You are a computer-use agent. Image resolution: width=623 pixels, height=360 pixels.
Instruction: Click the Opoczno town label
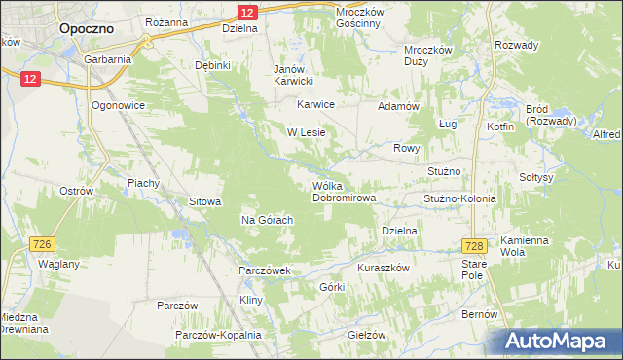87,29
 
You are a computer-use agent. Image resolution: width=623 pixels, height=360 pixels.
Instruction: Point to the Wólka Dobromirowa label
344,191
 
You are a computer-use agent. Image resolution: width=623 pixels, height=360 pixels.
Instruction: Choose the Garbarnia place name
108,59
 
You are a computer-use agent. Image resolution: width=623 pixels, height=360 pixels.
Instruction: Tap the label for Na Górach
268,220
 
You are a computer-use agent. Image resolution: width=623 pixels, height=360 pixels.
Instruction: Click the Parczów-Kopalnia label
218,335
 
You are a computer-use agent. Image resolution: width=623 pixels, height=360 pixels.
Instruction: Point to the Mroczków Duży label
429,54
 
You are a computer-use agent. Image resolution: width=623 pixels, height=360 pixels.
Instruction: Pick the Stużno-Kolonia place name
459,198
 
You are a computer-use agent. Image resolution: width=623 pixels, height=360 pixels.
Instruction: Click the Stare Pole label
473,270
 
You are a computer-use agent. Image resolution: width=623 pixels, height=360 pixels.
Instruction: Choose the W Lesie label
305,131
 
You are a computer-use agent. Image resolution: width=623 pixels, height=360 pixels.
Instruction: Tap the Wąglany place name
57,264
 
